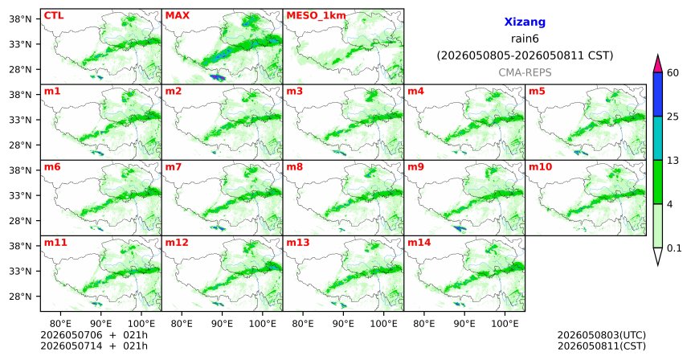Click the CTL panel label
point(54,15)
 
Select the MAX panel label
point(177,15)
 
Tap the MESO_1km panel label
point(316,16)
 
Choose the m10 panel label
point(540,167)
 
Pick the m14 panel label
point(419,243)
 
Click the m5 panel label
point(537,92)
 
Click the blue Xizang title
point(525,22)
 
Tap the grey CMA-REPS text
point(525,72)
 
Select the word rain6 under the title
point(525,39)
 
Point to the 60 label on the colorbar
point(673,72)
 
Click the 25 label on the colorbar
point(673,117)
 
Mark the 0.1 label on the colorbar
point(674,248)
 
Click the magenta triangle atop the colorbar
point(658,64)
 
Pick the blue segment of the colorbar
point(658,94)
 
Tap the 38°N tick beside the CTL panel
point(20,19)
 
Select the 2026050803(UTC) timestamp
point(602,335)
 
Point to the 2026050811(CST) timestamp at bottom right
point(602,346)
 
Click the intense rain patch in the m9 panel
point(460,228)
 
